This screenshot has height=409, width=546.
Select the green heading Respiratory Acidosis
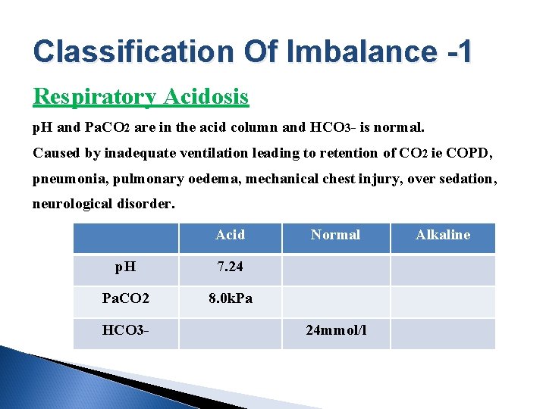(x=141, y=97)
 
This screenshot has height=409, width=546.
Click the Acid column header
(x=230, y=235)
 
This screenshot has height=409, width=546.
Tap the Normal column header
(x=335, y=235)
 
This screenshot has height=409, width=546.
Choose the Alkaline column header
(x=443, y=235)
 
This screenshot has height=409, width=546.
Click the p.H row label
(x=126, y=267)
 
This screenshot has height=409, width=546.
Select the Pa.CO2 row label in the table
(x=126, y=298)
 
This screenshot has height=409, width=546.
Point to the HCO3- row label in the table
(x=126, y=330)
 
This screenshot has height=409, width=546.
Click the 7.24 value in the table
(x=230, y=267)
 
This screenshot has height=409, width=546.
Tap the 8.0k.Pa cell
(x=230, y=298)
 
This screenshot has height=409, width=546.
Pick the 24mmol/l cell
(x=336, y=330)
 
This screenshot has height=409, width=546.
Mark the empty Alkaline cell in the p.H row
(x=443, y=270)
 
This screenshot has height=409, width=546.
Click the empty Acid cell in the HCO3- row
(x=230, y=333)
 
